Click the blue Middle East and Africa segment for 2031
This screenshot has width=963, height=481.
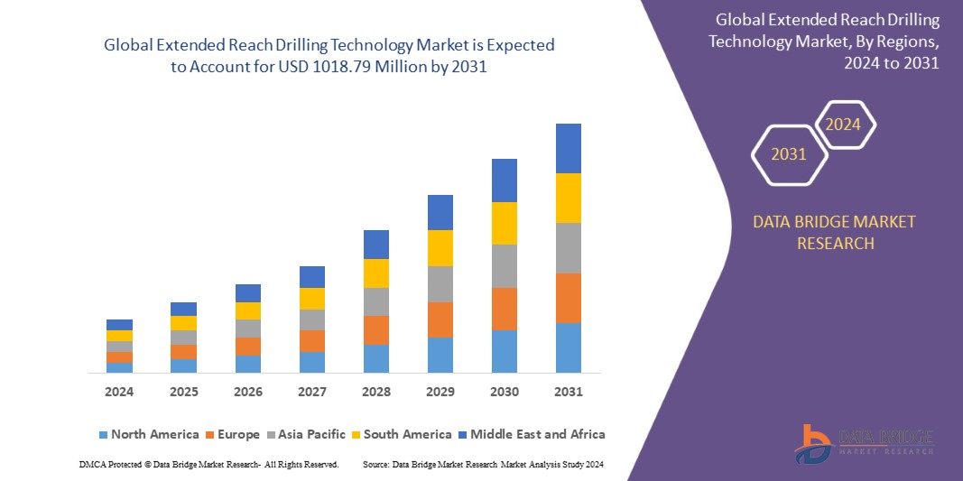pyautogui.click(x=568, y=148)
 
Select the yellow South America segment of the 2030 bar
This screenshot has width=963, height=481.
pyautogui.click(x=504, y=223)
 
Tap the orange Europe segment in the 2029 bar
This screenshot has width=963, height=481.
pyautogui.click(x=440, y=319)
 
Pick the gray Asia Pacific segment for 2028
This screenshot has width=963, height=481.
pyautogui.click(x=376, y=301)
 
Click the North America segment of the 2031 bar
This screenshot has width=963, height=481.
pyautogui.click(x=568, y=347)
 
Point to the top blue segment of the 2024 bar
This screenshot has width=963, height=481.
pyautogui.click(x=119, y=325)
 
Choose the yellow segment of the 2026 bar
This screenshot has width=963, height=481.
pyautogui.click(x=248, y=310)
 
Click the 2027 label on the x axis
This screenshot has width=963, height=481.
pyautogui.click(x=312, y=392)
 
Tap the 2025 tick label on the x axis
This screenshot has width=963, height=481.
pyautogui.click(x=183, y=392)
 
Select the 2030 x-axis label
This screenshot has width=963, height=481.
pyautogui.click(x=504, y=392)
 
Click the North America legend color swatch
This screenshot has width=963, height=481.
pyautogui.click(x=103, y=435)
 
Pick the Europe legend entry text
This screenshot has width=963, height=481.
pyautogui.click(x=238, y=434)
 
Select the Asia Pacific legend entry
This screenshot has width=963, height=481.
pyautogui.click(x=311, y=434)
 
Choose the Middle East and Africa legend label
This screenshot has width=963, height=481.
pyautogui.click(x=537, y=434)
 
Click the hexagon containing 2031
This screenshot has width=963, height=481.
pyautogui.click(x=789, y=154)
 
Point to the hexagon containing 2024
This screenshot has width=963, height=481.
pyautogui.click(x=844, y=125)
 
